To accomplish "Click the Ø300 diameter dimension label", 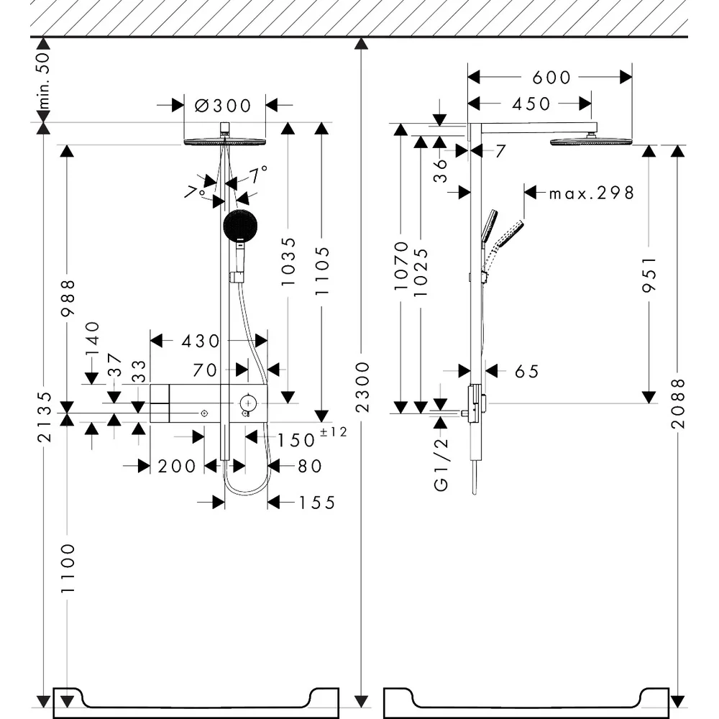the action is [x=223, y=106].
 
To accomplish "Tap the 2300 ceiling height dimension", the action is [x=362, y=387].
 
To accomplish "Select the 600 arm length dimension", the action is [x=551, y=78].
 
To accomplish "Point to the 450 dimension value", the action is [x=531, y=104].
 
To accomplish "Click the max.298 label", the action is [x=592, y=193].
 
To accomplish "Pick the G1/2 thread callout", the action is [x=441, y=464].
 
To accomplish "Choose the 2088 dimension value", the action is [x=678, y=403].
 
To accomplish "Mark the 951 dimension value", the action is [x=649, y=274].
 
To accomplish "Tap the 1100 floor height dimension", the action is [x=68, y=568].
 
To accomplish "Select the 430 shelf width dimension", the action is [x=201, y=341].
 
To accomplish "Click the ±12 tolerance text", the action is [x=334, y=432].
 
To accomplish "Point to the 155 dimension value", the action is [x=317, y=503].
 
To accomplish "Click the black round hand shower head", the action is [x=240, y=226].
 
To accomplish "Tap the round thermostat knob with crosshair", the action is [x=248, y=403].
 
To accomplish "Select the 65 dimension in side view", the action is [x=527, y=372].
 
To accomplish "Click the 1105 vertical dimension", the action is [x=322, y=271].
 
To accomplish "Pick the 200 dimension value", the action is [x=177, y=467].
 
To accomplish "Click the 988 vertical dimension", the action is [x=68, y=298].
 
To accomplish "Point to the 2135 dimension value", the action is [x=44, y=417].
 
